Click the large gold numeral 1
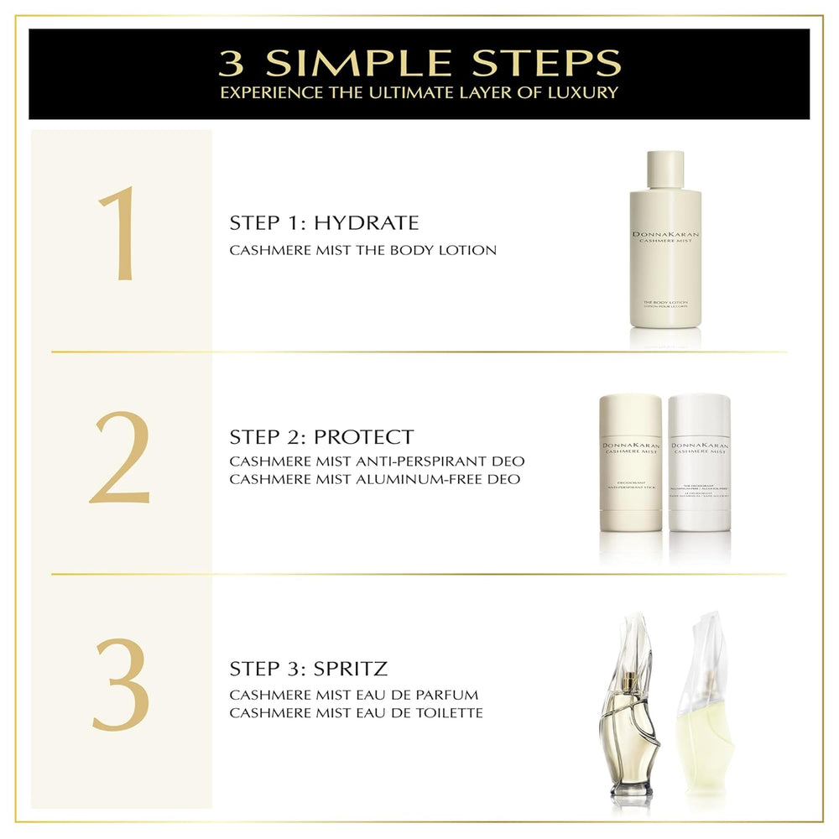coord(117,232)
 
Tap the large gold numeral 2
coord(120,458)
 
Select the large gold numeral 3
coord(121,685)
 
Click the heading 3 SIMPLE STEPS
coord(419,62)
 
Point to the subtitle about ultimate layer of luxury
coord(419,92)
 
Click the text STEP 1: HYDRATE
coord(324,223)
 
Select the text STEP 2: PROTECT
coord(321,437)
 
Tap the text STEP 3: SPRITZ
coord(308,669)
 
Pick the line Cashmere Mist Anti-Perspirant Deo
coord(377,462)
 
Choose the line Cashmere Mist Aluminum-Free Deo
coord(374,479)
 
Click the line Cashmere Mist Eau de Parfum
coord(353,695)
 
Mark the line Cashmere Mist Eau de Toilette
coord(356,712)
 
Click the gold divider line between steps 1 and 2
coord(419,352)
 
